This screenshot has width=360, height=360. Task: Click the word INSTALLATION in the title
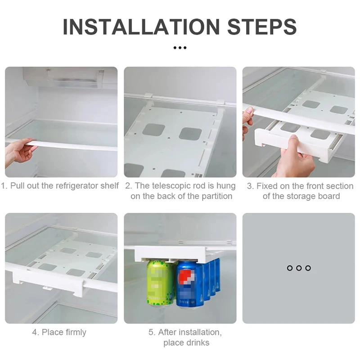141,27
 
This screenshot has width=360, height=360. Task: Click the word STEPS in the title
262,27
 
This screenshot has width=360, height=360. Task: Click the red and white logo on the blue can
186,277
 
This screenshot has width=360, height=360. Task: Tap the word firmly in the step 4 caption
76,332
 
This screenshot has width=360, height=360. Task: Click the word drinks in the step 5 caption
198,343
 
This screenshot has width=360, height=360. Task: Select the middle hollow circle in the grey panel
299,268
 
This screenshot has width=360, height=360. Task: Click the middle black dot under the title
180,48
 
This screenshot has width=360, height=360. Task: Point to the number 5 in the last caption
151,333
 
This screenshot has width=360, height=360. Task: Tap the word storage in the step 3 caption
301,197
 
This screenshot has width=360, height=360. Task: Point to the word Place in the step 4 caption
52,332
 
